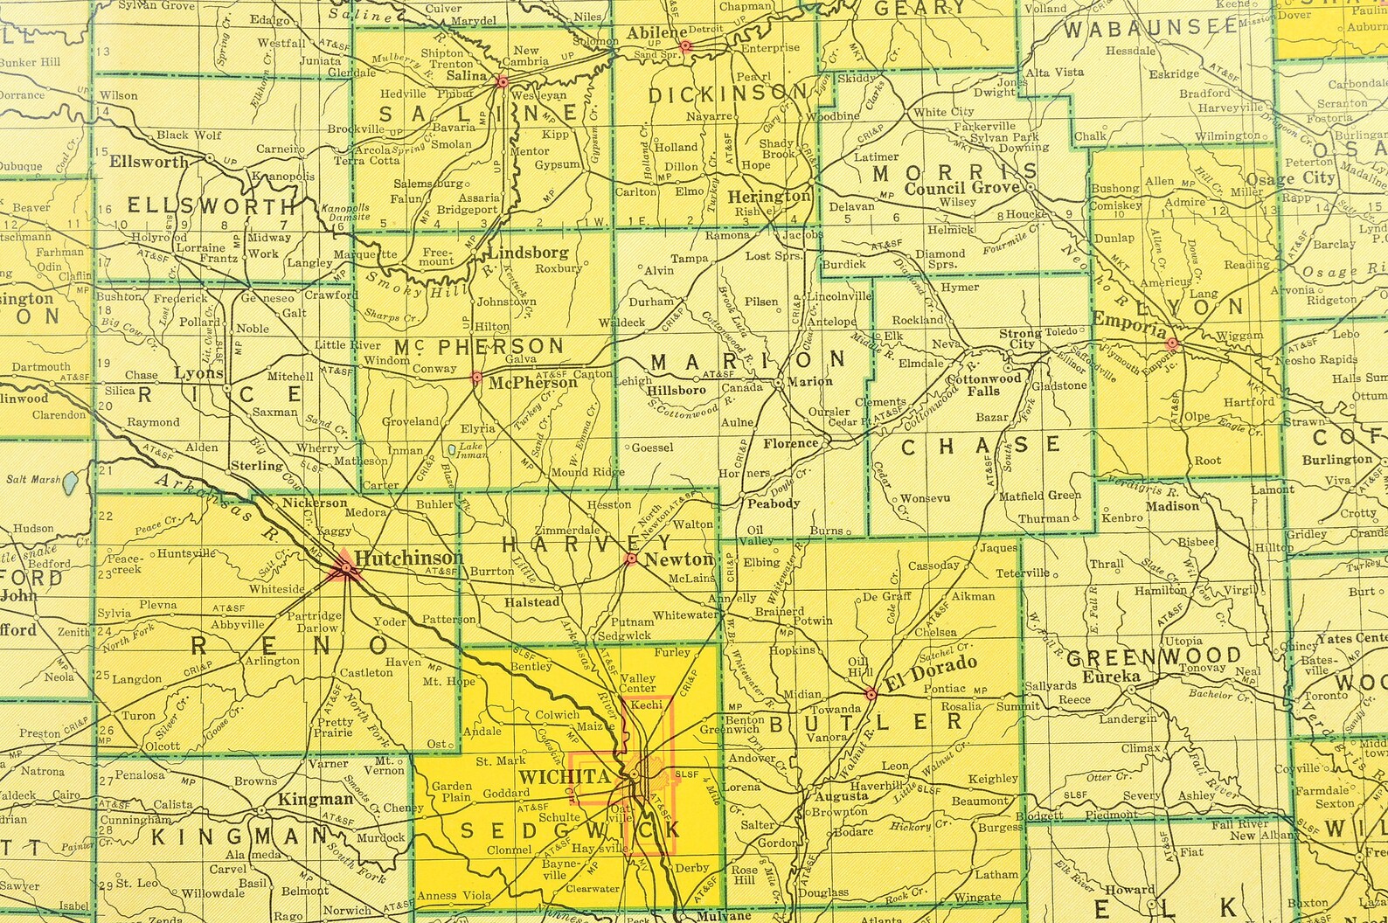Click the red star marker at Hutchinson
[x=347, y=569]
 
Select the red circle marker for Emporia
[x=1173, y=344]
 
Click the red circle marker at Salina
[x=502, y=82]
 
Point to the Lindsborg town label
[x=528, y=253]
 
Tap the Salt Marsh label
[x=33, y=479]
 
